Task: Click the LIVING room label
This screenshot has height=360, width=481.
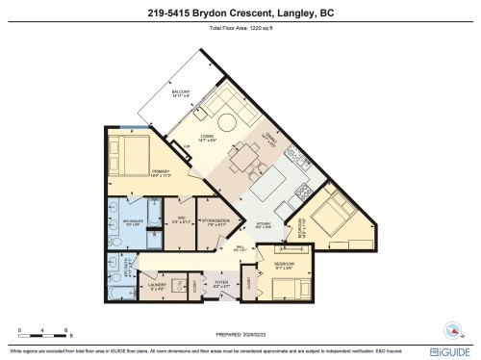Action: point(208,138)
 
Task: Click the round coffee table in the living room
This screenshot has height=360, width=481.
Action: point(225,123)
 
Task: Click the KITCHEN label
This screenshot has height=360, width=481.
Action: point(264,227)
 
